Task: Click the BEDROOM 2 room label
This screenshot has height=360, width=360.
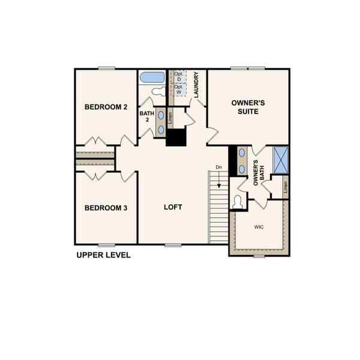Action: [106, 107]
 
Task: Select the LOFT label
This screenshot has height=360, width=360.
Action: [173, 208]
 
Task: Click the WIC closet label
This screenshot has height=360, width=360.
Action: [259, 227]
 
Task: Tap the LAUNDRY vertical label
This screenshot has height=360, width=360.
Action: [196, 85]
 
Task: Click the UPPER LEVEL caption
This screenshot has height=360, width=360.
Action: [103, 255]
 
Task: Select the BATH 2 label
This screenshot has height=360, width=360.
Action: [146, 116]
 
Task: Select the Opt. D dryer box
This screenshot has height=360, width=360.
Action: [178, 77]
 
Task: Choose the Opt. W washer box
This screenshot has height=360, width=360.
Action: [178, 89]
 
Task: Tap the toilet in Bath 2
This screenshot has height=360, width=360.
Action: [157, 92]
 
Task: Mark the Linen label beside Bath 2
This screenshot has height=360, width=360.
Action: [170, 118]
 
